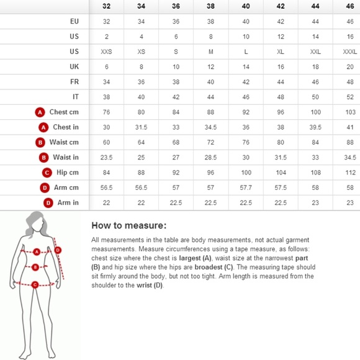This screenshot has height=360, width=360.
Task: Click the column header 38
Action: [210, 6]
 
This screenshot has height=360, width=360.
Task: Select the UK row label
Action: [74, 66]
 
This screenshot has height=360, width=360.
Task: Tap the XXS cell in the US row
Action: [106, 52]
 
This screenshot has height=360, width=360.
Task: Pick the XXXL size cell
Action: [350, 52]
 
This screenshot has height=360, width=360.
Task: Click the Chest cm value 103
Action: [350, 112]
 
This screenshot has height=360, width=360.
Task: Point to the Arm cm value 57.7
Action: [246, 187]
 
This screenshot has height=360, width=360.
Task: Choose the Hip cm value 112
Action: [350, 173]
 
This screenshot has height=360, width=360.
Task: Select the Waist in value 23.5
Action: [106, 157]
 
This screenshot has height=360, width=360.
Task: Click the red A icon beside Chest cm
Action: [40, 112]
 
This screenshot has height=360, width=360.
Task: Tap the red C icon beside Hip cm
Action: [47, 173]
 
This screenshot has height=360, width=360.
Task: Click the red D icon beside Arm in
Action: [48, 203]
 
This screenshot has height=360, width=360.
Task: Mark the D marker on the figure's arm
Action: [58, 250]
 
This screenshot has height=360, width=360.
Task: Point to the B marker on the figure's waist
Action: [35, 267]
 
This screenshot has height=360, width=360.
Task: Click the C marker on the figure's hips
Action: [35, 285]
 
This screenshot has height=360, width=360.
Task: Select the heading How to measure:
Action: [129, 225]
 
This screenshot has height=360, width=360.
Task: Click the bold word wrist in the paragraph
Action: [144, 286]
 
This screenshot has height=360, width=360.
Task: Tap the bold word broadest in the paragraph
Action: [209, 268]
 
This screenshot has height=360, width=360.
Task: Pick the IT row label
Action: [76, 97]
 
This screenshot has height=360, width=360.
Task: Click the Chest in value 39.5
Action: [315, 127]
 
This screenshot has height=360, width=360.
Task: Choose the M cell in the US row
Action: [210, 52]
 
